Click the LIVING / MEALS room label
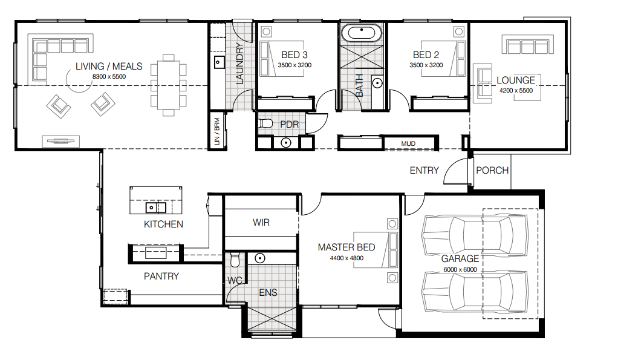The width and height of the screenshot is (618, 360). coord(109,66)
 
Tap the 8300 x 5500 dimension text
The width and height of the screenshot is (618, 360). coord(109,76)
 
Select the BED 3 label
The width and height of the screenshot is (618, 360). coord(294,55)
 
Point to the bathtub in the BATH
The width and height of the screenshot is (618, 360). coord(362,34)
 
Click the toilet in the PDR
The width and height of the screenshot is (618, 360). coord(265,124)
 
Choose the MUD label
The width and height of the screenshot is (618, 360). coord(408,143)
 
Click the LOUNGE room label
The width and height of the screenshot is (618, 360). coord(516,80)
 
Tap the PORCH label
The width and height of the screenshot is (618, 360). coord(492,171)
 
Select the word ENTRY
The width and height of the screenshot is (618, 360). coord(424,171)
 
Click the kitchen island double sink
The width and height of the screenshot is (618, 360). coord(156,207)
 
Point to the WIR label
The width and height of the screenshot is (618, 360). coord(261,223)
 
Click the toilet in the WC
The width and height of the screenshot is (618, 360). coord(235,260)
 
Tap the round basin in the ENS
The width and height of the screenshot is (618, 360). coord(260,258)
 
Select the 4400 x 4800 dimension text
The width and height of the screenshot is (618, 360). coord(347,258)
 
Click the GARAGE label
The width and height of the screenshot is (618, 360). coord(460,259)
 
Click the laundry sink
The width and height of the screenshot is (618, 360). coord(219,62)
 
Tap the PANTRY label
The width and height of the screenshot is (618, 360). coord(161,276)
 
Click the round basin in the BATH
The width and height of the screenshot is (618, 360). coord(377,83)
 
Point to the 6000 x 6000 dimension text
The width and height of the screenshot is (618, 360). coord(460,269)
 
